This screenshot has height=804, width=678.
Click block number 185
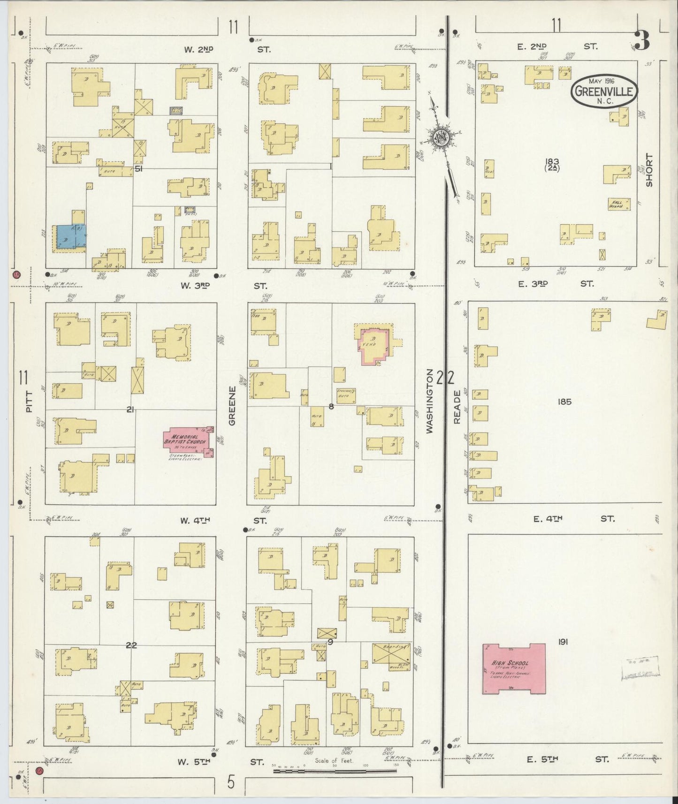(x=564, y=402)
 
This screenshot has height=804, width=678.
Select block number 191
(x=563, y=642)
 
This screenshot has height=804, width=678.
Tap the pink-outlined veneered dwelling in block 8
(x=374, y=346)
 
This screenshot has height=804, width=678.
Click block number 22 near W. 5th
(x=131, y=645)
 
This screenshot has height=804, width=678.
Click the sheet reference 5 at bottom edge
(x=230, y=782)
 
